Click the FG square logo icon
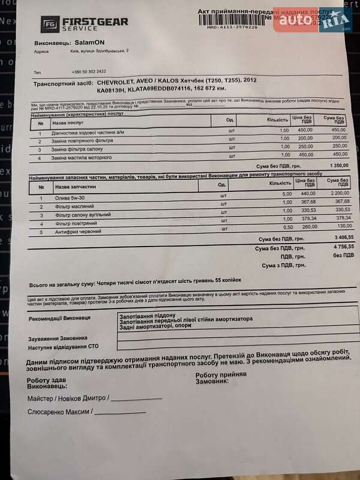[50, 25]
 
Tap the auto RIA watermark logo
[313, 22]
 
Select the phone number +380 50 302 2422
[89, 71]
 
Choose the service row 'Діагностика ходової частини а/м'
[88, 131]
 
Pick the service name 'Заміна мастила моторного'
[82, 157]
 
